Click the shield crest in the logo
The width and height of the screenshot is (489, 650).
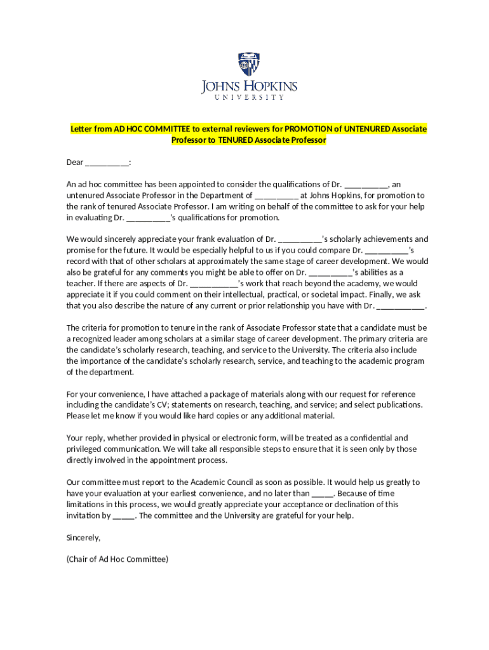pyautogui.click(x=249, y=64)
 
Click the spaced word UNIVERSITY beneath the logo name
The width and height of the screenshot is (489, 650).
pyautogui.click(x=249, y=98)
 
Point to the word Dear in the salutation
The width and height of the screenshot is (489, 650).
pyautogui.click(x=75, y=162)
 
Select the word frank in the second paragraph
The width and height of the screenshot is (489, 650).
pyautogui.click(x=186, y=239)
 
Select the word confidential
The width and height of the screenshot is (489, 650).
pyautogui.click(x=368, y=438)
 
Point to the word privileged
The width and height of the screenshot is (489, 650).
pyautogui.click(x=86, y=449)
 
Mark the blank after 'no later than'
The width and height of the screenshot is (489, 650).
pyautogui.click(x=323, y=493)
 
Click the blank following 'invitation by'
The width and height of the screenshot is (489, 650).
pyautogui.click(x=123, y=515)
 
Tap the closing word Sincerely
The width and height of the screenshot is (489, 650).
pyautogui.click(x=83, y=538)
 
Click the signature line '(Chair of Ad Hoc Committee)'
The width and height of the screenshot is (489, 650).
pyautogui.click(x=117, y=559)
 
